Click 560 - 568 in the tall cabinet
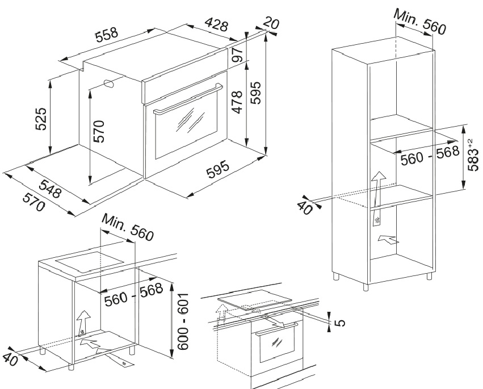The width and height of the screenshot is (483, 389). tap(429, 156)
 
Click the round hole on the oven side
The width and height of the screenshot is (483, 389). tap(110, 83)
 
